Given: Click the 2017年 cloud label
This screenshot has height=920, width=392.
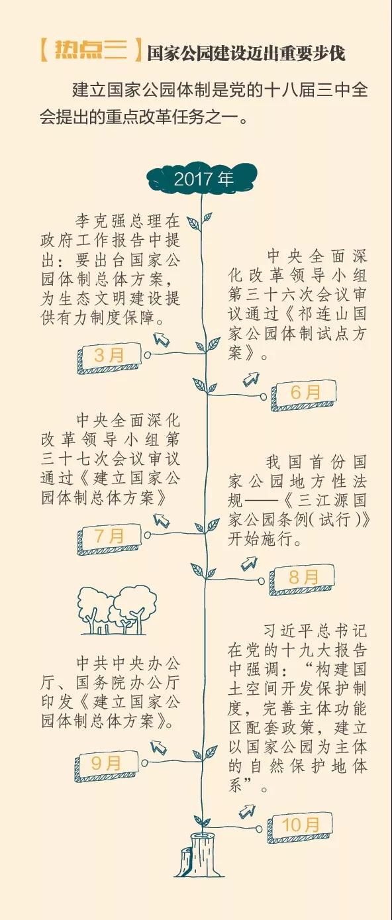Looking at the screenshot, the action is [x=203, y=179].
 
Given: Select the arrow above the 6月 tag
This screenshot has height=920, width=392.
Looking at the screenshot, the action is [x=251, y=379].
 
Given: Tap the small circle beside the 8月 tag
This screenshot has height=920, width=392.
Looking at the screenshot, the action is [x=262, y=581].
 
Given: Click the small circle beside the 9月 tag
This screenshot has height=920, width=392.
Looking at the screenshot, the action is [x=144, y=763].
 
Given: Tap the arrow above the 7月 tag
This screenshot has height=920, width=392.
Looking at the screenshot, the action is [x=162, y=520].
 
